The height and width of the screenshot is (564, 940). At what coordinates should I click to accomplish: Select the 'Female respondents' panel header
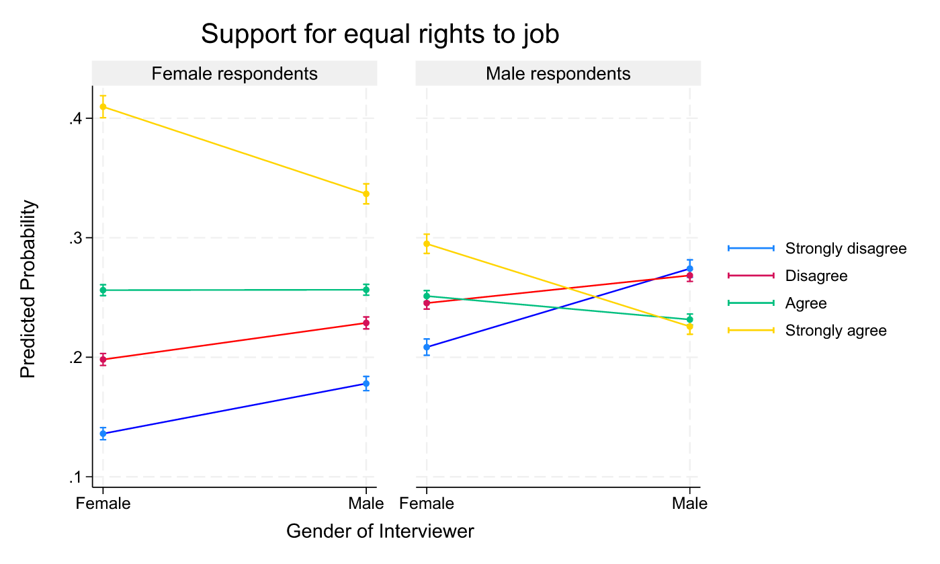pos(234,74)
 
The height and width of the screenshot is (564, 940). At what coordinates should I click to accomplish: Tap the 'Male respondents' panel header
pos(558,74)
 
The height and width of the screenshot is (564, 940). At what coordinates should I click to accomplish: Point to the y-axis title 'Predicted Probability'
pos(28,290)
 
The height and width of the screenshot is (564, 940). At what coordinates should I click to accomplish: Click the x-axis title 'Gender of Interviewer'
pos(380,532)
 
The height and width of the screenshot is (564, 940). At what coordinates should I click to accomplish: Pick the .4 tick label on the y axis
pos(75,119)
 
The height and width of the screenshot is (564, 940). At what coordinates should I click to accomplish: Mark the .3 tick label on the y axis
pos(75,238)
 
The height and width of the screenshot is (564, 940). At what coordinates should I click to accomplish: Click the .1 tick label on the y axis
pos(75,478)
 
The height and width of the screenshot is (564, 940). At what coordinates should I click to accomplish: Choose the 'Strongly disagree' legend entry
pos(845,249)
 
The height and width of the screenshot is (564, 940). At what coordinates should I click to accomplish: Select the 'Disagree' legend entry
pos(816,276)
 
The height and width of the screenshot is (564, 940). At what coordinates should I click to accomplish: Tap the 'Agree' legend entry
pos(806,303)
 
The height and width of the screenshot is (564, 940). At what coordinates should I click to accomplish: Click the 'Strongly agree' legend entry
pos(835,331)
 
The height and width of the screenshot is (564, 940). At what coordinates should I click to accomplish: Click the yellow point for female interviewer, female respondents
pos(103,107)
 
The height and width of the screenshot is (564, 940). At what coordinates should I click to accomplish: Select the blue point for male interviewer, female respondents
pos(366,384)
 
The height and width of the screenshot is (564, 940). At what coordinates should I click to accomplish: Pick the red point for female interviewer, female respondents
pos(103,360)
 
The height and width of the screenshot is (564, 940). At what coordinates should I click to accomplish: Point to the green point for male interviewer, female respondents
pos(366,290)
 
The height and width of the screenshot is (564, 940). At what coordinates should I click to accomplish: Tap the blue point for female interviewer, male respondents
pos(427,347)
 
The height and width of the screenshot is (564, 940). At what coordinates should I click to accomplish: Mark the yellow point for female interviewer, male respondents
pos(427,244)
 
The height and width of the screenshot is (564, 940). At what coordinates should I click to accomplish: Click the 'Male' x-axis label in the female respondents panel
pos(366,504)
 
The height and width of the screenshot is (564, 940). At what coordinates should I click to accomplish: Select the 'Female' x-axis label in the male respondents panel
pos(427,504)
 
